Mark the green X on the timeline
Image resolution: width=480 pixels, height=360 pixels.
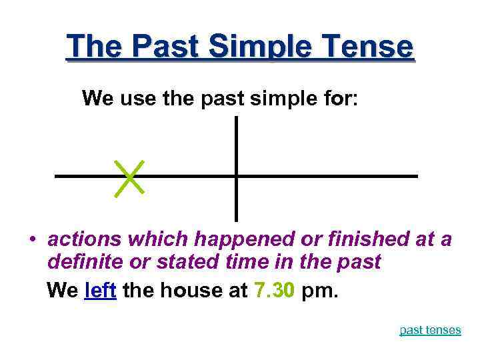(129, 178)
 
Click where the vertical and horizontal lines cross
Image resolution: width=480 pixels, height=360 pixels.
(236, 176)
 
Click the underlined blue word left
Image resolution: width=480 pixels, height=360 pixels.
(101, 291)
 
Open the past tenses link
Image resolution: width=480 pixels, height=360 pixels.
(430, 330)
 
